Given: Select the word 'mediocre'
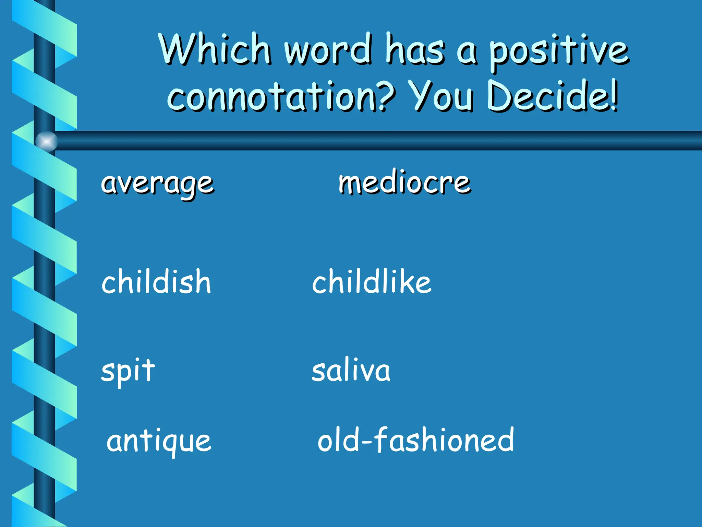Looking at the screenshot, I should pyautogui.click(x=404, y=183).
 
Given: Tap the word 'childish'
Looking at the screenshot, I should pyautogui.click(x=156, y=281).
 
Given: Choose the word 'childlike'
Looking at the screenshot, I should pyautogui.click(x=372, y=281).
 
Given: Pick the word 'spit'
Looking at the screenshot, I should pyautogui.click(x=128, y=371).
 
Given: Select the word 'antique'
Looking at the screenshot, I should pyautogui.click(x=159, y=441).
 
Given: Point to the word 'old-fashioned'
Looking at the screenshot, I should pyautogui.click(x=416, y=440).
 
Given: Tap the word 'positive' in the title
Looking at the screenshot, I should pyautogui.click(x=559, y=51).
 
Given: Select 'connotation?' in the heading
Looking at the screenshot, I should pyautogui.click(x=281, y=97).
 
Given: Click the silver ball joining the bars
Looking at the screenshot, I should pyautogui.click(x=47, y=141).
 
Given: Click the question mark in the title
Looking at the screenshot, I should pyautogui.click(x=385, y=96).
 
